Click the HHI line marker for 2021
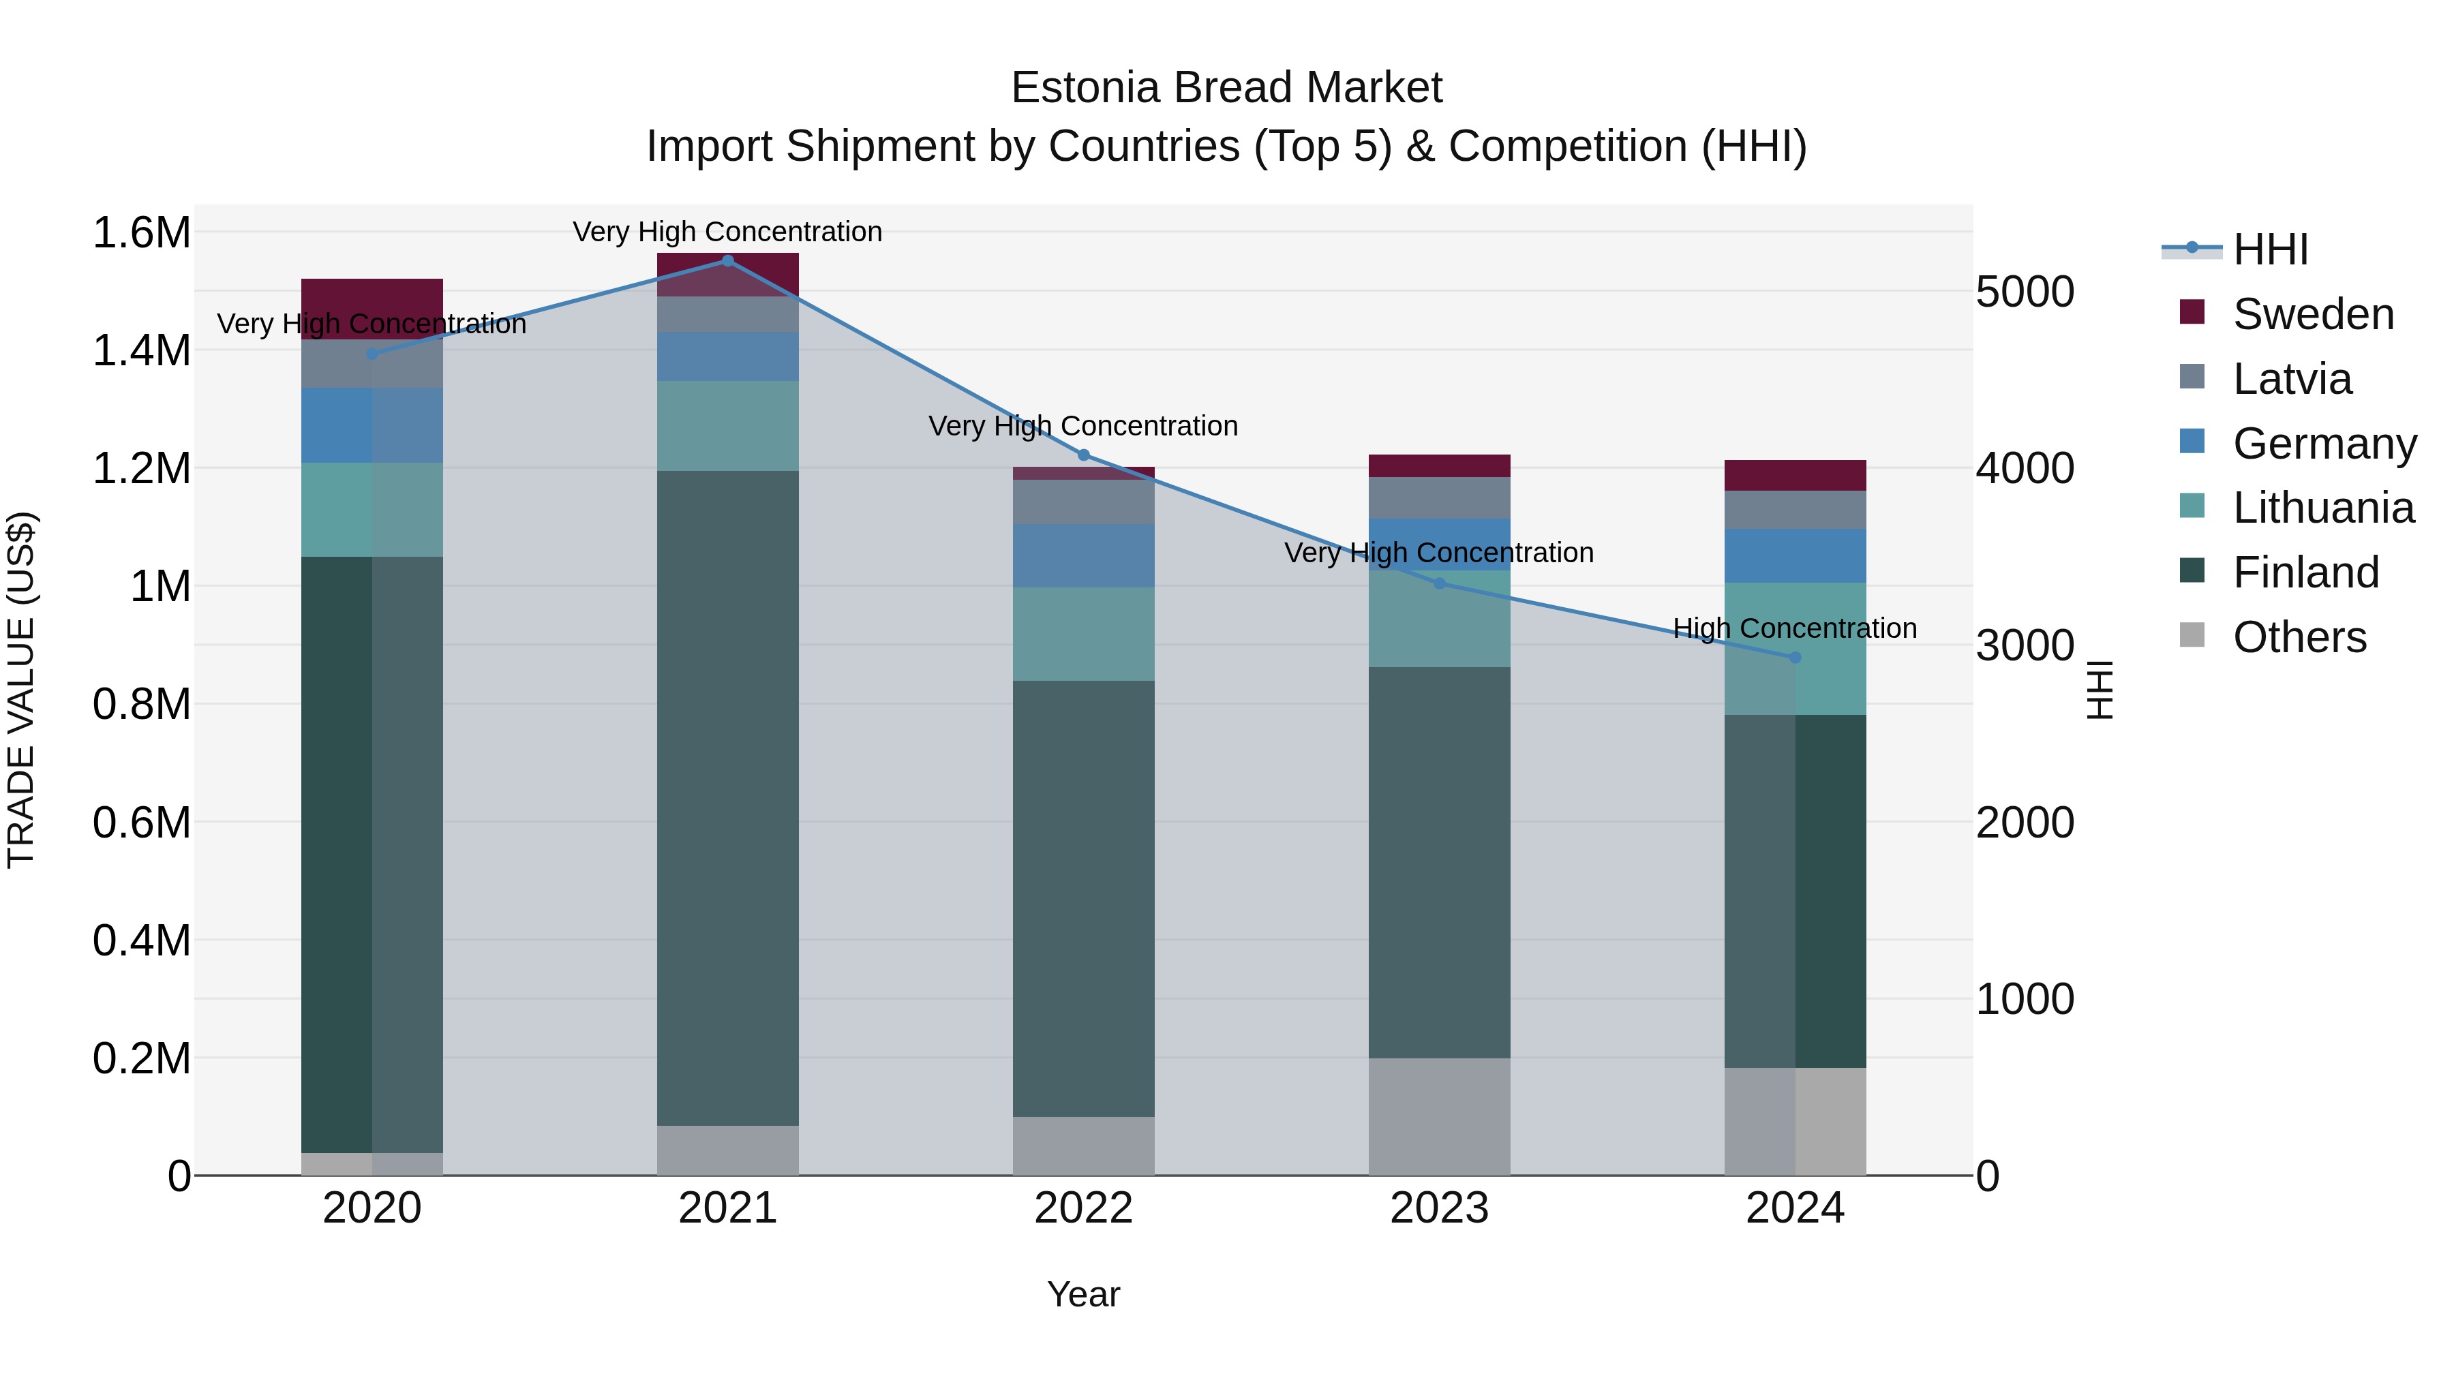[728, 261]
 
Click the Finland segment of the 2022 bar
[1083, 898]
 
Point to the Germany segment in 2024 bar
[1795, 555]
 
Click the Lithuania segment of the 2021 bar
[728, 426]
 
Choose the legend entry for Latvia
[2291, 379]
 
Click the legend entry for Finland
[2305, 572]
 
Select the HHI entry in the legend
[2269, 249]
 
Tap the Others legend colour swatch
[2192, 635]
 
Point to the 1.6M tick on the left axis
[142, 232]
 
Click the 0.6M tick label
[142, 822]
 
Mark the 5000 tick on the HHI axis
[2025, 292]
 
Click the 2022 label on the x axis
[1083, 1208]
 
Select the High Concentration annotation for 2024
[1795, 628]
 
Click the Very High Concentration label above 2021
[728, 232]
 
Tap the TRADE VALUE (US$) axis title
[21, 690]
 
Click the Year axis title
[1083, 1294]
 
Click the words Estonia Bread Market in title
[1226, 88]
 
